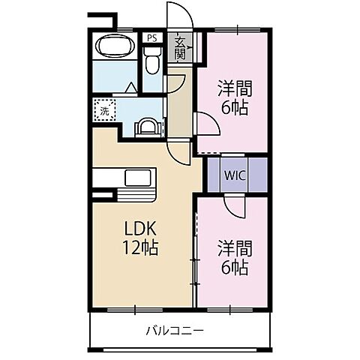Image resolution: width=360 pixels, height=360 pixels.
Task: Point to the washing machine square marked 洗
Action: [103, 109]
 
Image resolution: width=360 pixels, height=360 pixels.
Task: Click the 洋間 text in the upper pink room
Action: [233, 88]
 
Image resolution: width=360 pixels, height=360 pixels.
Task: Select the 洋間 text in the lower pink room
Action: [233, 246]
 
